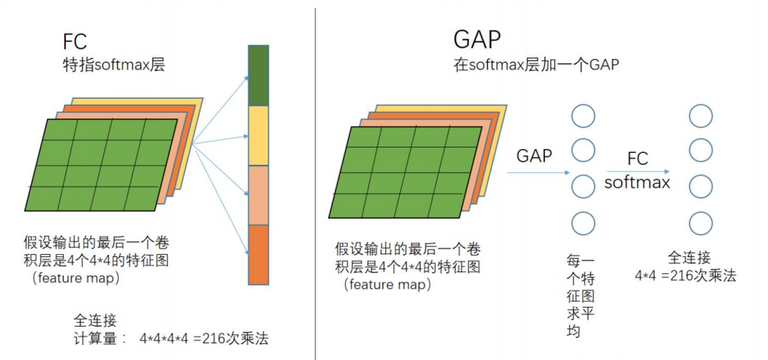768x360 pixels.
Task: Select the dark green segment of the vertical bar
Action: point(259,75)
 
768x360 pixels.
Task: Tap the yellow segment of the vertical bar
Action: point(259,135)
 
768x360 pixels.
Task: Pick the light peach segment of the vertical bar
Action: point(259,194)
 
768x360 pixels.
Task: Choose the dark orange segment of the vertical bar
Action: point(259,254)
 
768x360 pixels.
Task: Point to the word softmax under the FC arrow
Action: point(637,182)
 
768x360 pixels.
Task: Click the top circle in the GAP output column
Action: point(583,116)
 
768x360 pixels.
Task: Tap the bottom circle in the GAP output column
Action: point(583,222)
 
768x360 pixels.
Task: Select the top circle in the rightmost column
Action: point(701,116)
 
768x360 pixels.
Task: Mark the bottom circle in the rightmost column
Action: point(701,222)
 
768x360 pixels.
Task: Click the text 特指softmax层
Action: point(113,65)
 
